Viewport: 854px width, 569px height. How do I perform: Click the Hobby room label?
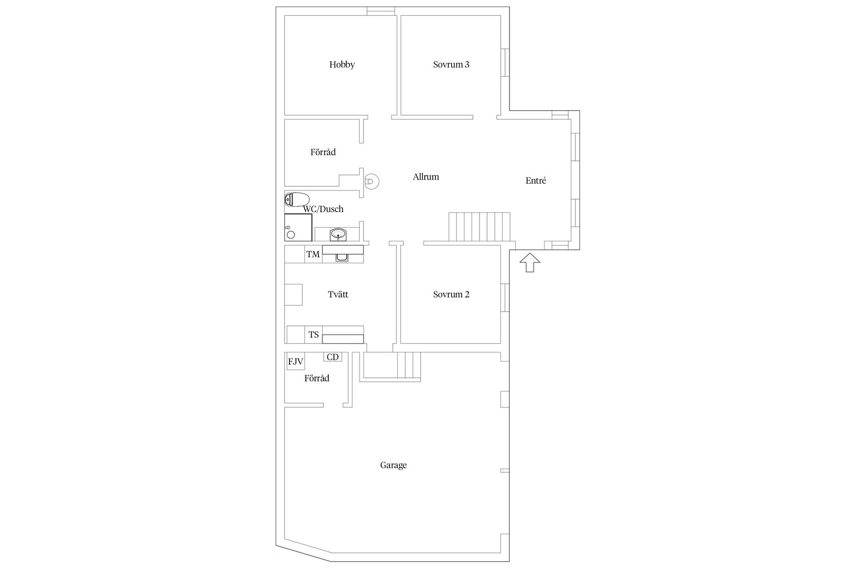(342, 64)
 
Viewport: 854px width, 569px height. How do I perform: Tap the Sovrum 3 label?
(451, 64)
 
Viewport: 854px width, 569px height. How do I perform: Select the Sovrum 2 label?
(451, 294)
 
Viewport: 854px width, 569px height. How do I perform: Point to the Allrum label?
(426, 177)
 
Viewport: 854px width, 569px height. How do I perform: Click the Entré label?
(536, 180)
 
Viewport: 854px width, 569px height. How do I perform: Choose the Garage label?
(393, 465)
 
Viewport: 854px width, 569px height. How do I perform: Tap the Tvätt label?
(338, 294)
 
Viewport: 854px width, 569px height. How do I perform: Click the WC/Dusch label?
(323, 209)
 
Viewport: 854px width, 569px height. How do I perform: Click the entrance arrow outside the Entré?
(529, 262)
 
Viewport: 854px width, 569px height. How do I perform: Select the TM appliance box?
(313, 254)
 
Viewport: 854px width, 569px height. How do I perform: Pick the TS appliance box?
(314, 335)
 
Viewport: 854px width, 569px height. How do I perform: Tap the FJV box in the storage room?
(295, 361)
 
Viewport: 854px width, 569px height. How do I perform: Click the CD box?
(333, 357)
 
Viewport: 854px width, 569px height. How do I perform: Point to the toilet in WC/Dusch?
(297, 200)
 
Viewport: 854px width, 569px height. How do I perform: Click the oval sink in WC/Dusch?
(338, 233)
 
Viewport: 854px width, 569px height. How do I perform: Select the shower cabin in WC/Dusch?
(298, 227)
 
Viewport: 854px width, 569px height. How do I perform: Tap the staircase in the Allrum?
(479, 227)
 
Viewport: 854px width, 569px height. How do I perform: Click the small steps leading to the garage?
(409, 365)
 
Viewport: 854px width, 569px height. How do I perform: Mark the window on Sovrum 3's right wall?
(505, 62)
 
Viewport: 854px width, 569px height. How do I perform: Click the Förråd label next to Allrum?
(323, 152)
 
